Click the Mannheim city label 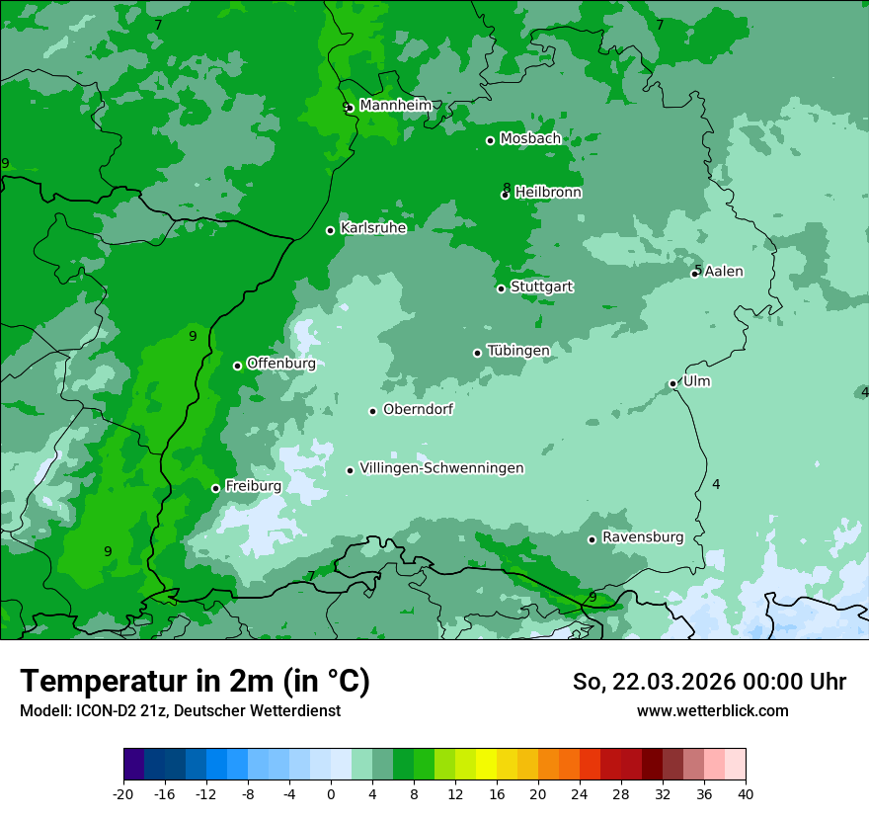[395, 106]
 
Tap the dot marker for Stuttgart [501, 288]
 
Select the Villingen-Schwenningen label [441, 468]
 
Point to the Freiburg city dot [215, 488]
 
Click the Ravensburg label [642, 537]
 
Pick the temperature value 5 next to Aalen [697, 270]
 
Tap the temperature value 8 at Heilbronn [507, 188]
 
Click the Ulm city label [696, 381]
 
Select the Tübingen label [517, 351]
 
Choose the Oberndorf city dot [372, 411]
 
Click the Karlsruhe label [373, 228]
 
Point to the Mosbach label [530, 139]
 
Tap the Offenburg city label [280, 364]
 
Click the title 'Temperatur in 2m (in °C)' [195, 682]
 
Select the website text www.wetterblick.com [712, 710]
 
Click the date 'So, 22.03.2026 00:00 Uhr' [709, 682]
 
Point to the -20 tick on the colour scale [123, 793]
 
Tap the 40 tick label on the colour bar [745, 793]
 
